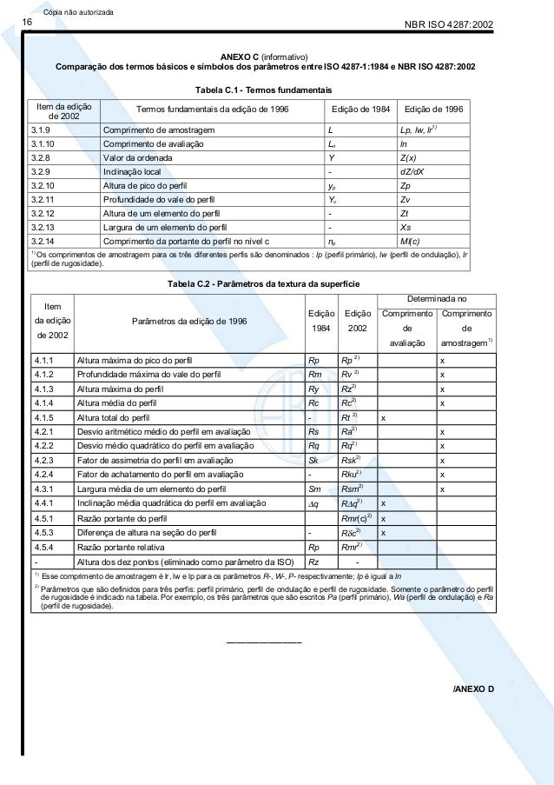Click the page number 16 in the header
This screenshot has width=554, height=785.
pyautogui.click(x=27, y=23)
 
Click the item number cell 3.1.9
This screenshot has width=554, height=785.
pyautogui.click(x=42, y=130)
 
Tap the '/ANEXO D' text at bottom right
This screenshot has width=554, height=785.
pyautogui.click(x=472, y=689)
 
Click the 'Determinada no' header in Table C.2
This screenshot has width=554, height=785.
pyautogui.click(x=438, y=298)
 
